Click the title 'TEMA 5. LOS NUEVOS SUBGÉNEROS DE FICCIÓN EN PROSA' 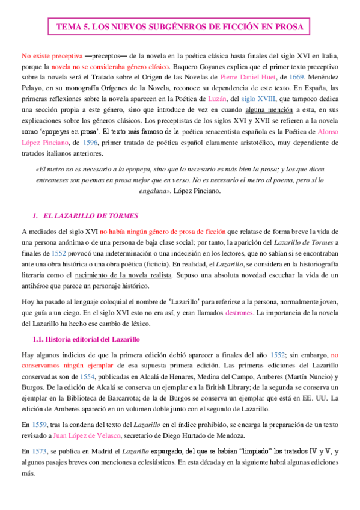point(180,27)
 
